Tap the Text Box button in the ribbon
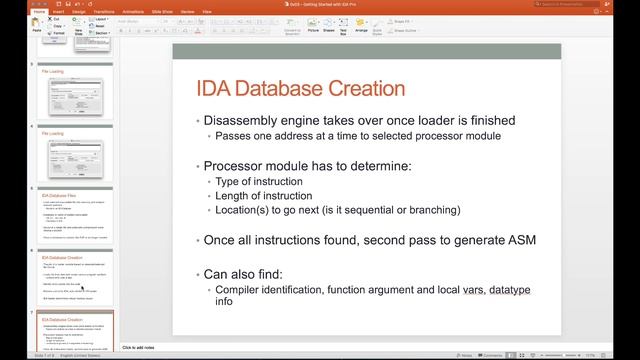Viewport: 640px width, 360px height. (344, 29)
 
